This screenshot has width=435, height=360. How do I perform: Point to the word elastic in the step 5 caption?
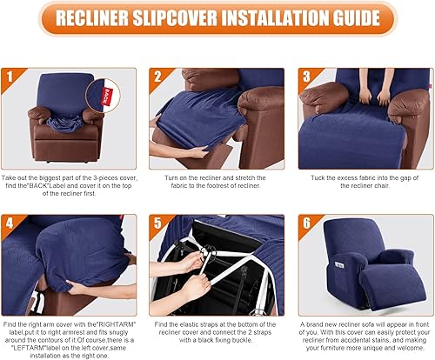[197, 321]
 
